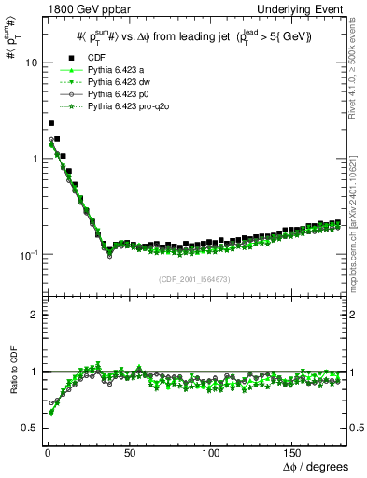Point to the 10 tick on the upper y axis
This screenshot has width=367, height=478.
27,63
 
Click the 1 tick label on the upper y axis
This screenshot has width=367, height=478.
31,159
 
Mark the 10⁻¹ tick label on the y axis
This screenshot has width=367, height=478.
25,254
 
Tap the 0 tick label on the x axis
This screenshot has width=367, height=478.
45,452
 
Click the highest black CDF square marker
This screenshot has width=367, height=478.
51,122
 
